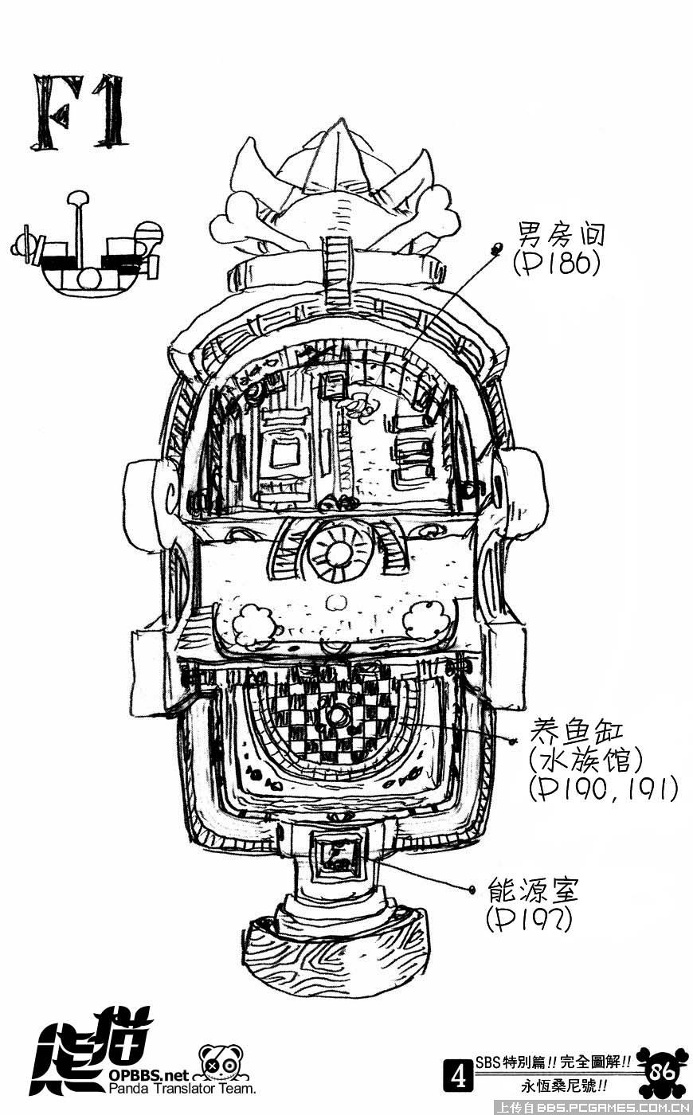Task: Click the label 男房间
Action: (x=562, y=235)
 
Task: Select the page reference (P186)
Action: (x=555, y=263)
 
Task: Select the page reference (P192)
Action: (x=529, y=920)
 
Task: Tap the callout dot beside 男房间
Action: (x=499, y=248)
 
